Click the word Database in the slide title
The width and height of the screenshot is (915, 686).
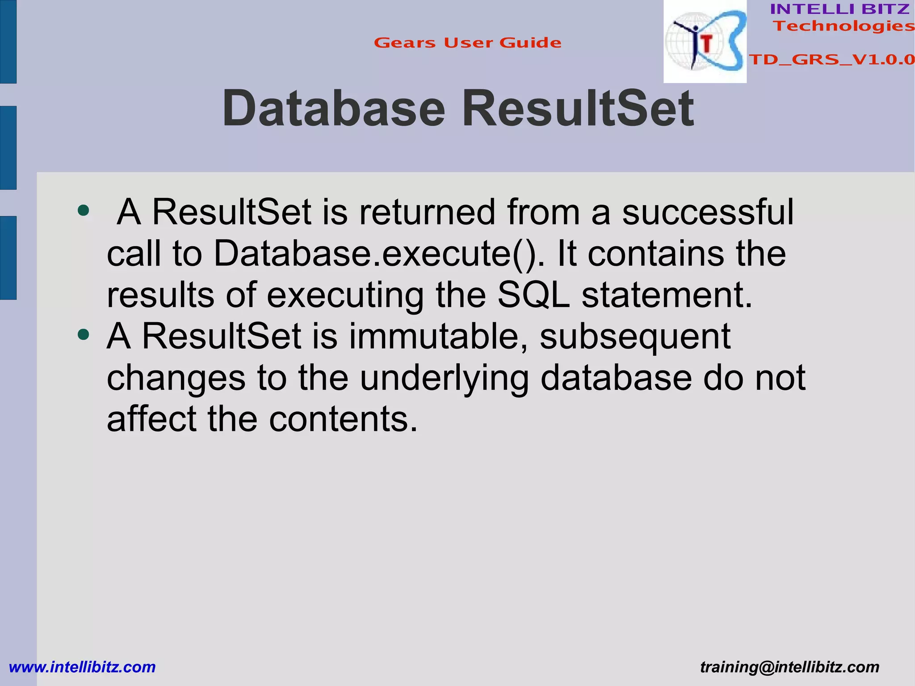click(x=333, y=109)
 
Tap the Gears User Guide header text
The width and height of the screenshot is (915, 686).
click(x=467, y=43)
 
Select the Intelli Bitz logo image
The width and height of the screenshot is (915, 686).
click(x=705, y=42)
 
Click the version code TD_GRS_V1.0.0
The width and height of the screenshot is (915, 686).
click(x=831, y=59)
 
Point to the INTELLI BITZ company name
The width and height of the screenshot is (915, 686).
click(x=840, y=9)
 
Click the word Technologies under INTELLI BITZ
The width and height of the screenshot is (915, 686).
click(x=844, y=26)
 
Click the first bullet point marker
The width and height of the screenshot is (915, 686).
click(x=83, y=210)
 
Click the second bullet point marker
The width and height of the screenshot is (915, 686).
click(x=83, y=334)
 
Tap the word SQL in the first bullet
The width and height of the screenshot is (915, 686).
click(x=533, y=295)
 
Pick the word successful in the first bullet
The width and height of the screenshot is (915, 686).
click(x=708, y=212)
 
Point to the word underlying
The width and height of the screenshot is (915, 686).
click(x=444, y=378)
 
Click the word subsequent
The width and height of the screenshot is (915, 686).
click(x=635, y=336)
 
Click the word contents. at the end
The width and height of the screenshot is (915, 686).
click(x=343, y=419)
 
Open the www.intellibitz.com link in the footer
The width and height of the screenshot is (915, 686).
click(x=82, y=667)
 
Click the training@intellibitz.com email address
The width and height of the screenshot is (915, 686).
click(x=789, y=667)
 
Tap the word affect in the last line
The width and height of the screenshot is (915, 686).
click(x=151, y=419)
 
